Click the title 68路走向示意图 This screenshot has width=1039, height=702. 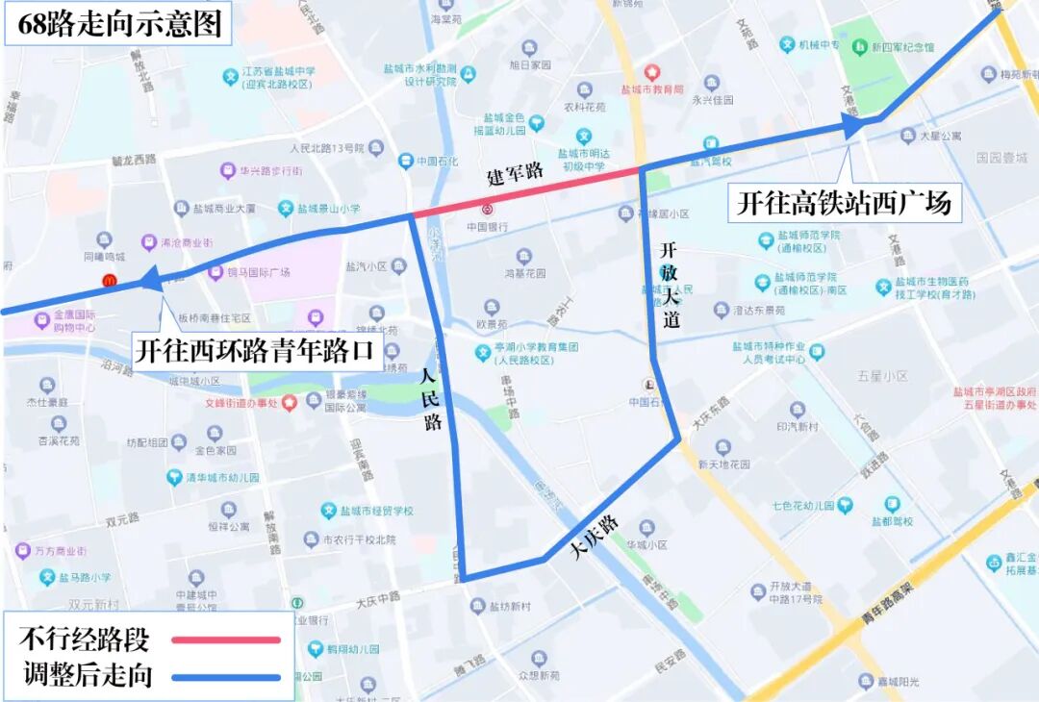(119, 23)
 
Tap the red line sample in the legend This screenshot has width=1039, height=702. (226, 639)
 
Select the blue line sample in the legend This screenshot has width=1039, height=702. (226, 676)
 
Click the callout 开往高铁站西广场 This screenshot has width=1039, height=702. (844, 203)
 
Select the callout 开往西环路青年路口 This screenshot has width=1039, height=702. (253, 350)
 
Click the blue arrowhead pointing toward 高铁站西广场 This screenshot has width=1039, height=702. (852, 124)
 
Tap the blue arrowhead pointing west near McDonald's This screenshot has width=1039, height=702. (149, 279)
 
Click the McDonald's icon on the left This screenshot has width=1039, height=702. (110, 280)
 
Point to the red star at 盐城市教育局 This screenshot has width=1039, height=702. (651, 72)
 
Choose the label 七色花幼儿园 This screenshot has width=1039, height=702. (800, 505)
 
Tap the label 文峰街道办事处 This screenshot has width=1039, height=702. (241, 404)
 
